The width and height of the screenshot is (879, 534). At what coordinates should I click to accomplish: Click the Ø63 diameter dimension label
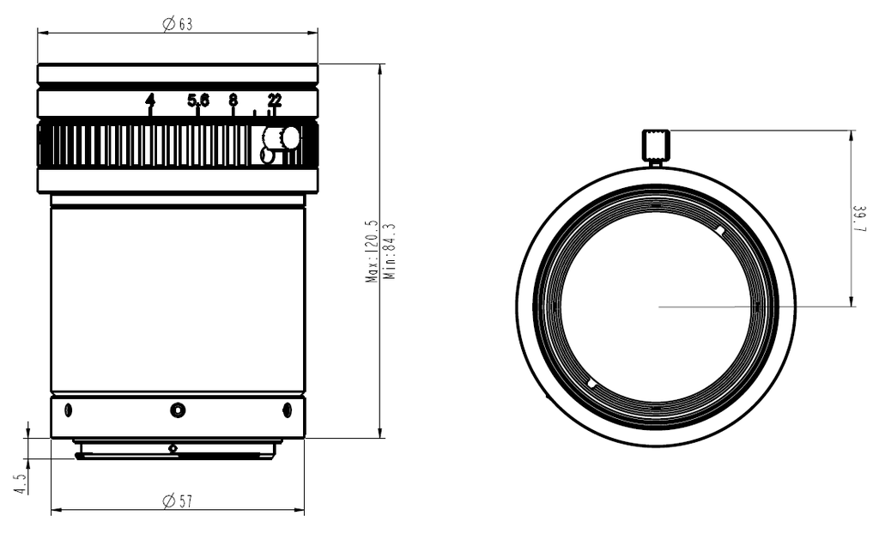(x=177, y=24)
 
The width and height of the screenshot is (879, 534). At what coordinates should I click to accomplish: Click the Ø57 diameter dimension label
(x=177, y=501)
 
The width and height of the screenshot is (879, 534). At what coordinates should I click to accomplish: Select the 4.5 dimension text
(x=21, y=483)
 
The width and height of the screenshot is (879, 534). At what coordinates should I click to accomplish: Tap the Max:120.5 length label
(x=373, y=252)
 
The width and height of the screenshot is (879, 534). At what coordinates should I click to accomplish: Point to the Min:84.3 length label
(x=390, y=252)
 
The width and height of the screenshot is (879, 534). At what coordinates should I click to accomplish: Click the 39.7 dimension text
(x=859, y=220)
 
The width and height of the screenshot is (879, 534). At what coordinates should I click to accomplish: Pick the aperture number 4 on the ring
(x=149, y=100)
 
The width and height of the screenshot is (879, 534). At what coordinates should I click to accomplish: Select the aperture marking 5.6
(x=198, y=100)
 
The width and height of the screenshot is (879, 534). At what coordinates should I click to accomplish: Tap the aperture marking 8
(x=233, y=100)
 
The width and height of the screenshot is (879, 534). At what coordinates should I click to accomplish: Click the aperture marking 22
(x=275, y=100)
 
